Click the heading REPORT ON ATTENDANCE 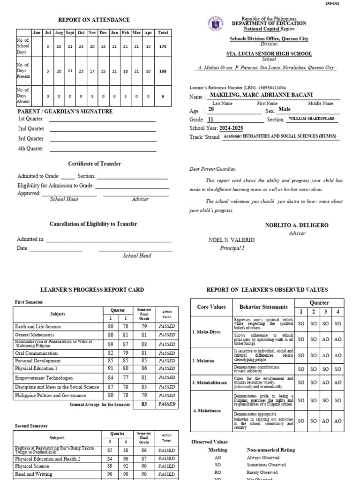94,20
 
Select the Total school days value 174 163,47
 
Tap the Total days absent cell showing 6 163,96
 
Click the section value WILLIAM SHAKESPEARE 312,119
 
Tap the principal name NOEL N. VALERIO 232,240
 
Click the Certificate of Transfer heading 94,164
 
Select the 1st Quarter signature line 102,120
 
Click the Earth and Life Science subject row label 38,326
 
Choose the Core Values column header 211,307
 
